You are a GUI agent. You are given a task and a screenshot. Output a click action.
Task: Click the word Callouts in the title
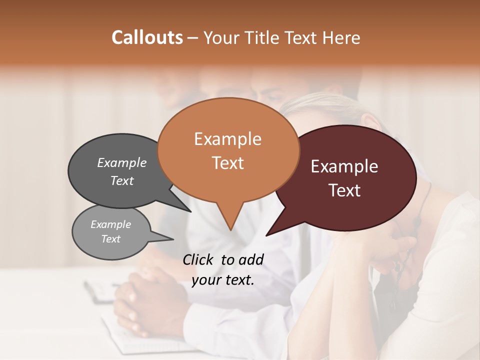click(x=147, y=37)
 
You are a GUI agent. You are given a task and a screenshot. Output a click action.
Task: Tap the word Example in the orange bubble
click(x=227, y=139)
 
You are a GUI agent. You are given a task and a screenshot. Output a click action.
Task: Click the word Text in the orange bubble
click(x=228, y=163)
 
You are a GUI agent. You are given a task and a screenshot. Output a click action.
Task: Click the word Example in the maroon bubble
click(x=344, y=166)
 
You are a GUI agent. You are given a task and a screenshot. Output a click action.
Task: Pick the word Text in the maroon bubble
click(x=345, y=190)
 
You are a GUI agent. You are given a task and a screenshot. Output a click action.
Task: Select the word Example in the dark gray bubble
click(x=122, y=163)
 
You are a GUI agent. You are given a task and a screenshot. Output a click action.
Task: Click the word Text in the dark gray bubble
click(x=122, y=180)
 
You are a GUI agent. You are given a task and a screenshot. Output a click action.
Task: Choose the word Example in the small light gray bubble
click(x=110, y=224)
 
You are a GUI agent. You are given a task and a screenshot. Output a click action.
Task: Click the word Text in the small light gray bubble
click(x=110, y=239)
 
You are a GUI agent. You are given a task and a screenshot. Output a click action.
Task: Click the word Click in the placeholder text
click(x=198, y=259)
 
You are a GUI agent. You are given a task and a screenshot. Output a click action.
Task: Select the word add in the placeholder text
click(x=250, y=259)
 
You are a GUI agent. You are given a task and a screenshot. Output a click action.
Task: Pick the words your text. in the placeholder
click(x=222, y=280)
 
